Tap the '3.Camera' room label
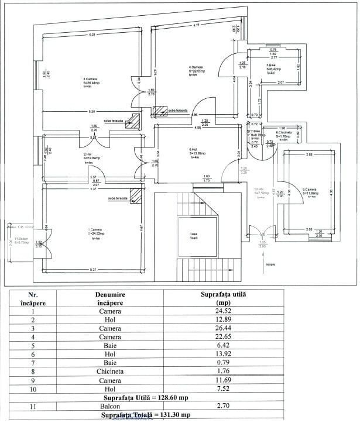pos(91,79)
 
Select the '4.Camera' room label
pos(196,67)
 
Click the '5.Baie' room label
pos(272,65)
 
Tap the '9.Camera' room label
pos(310,189)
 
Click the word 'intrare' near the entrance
pos(270,264)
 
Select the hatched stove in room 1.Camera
pos(136,195)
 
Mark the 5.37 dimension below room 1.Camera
pos(92,269)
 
